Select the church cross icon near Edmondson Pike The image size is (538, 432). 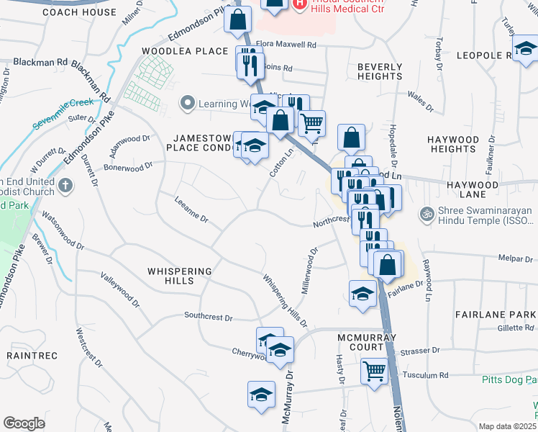point(65,186)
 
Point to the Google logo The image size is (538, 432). point(24,423)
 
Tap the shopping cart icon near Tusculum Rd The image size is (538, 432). point(374,372)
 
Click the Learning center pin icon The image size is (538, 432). point(188,104)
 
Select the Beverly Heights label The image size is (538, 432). point(380,71)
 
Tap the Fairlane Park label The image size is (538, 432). point(496,315)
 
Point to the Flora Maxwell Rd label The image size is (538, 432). point(286,45)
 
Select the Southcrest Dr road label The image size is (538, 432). point(209,316)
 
